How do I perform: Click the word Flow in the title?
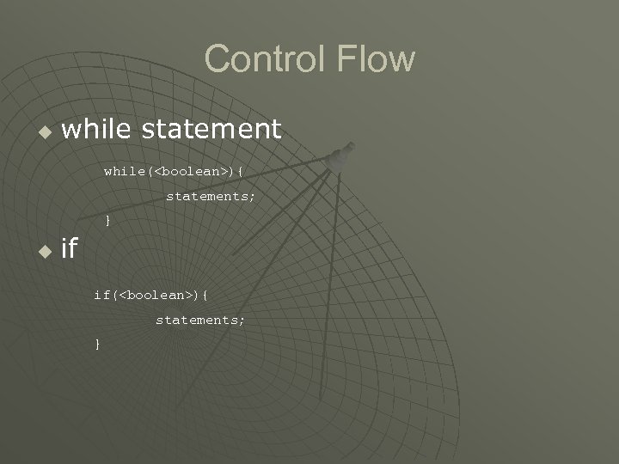point(377,59)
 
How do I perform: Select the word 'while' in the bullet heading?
point(97,129)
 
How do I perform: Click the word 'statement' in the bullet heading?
point(211,129)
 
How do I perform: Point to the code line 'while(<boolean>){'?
point(174,171)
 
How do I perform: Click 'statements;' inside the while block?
point(211,196)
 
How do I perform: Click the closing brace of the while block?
point(107,221)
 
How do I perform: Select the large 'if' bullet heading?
point(70,249)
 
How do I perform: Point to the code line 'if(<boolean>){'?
point(151,295)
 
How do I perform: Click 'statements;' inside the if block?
point(200,320)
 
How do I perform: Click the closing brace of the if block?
point(97,345)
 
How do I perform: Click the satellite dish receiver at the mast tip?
point(341,156)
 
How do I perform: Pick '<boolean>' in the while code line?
point(189,171)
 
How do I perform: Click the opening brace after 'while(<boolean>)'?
point(240,171)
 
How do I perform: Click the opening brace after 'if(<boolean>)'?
point(206,295)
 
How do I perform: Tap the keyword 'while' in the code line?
point(124,171)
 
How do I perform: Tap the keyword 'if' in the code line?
point(102,295)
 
